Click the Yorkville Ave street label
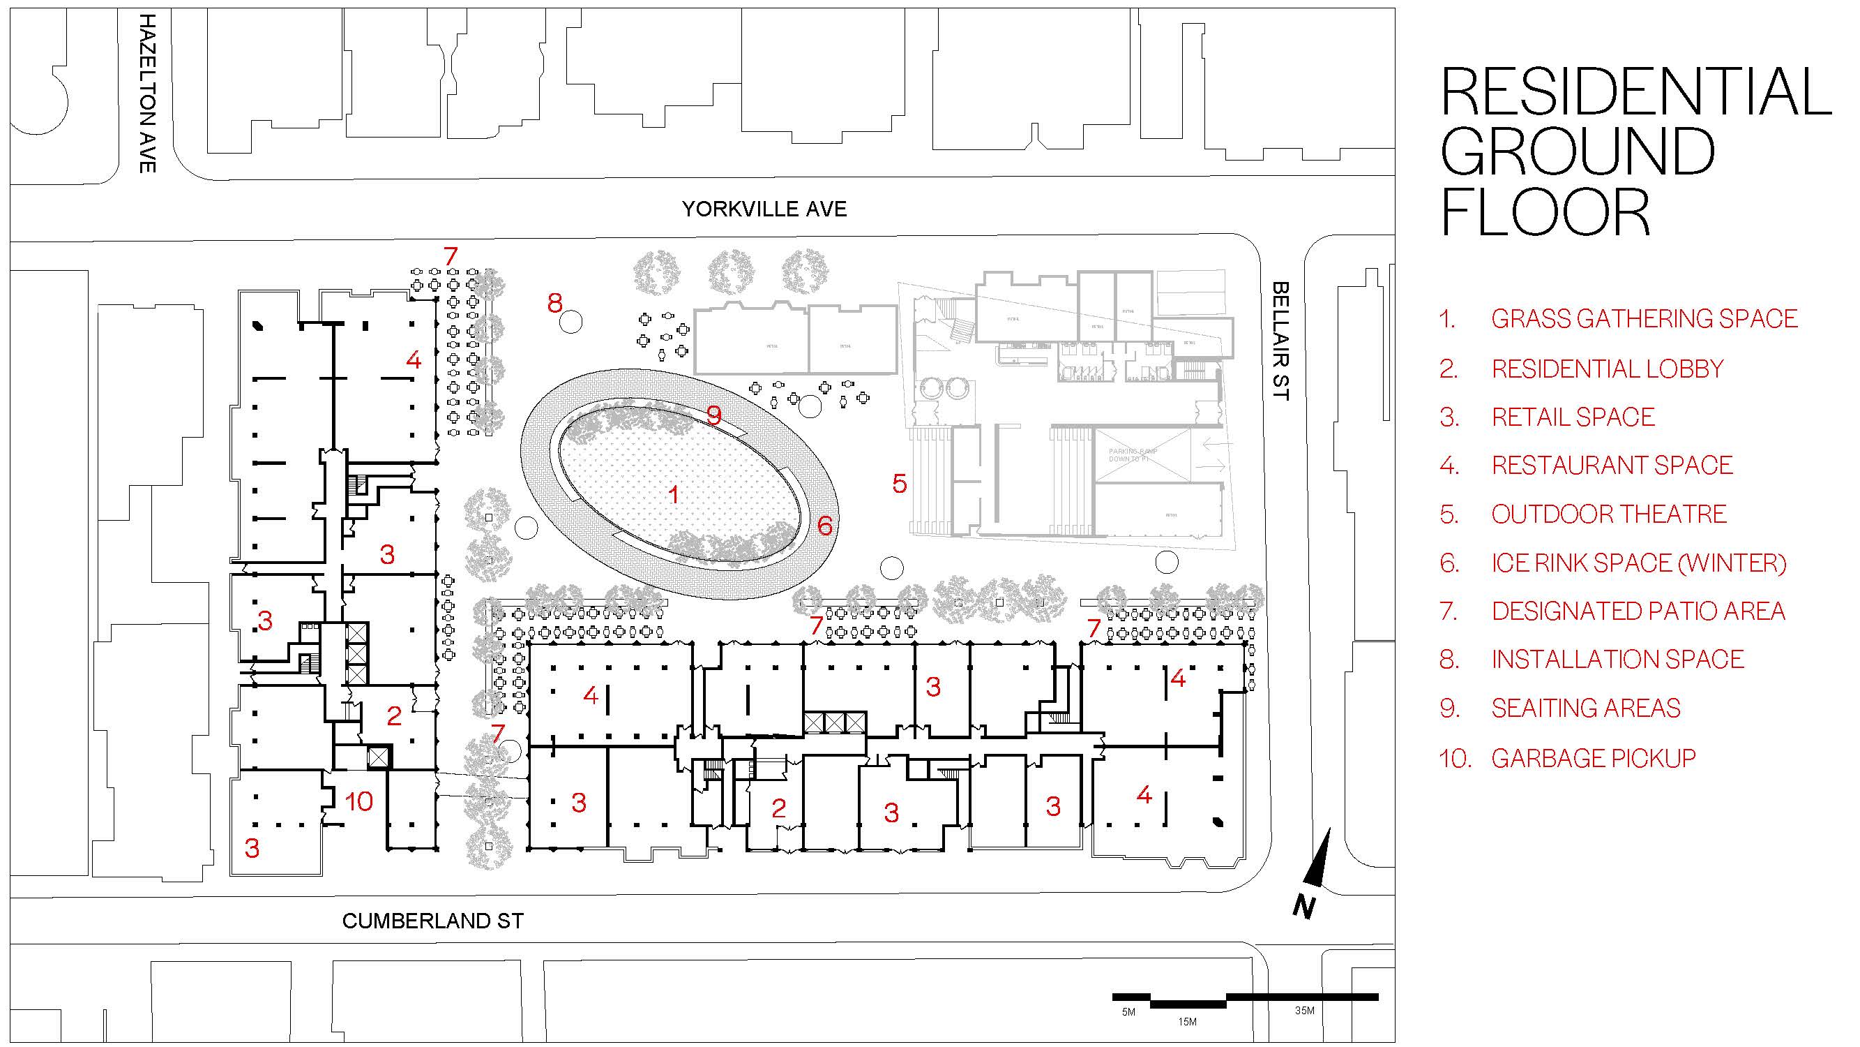click(764, 209)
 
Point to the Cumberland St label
click(432, 921)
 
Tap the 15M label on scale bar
click(1187, 1022)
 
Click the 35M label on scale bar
click(1304, 1011)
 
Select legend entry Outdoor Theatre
click(1609, 514)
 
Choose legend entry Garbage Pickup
click(1593, 758)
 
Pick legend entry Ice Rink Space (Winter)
click(1638, 563)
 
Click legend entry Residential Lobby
click(1608, 369)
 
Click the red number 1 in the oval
click(674, 494)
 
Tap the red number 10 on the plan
click(359, 801)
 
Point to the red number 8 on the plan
click(554, 304)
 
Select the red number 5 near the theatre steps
click(899, 484)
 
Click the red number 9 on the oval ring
click(713, 415)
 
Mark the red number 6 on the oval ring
click(824, 526)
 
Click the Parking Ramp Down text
click(1133, 454)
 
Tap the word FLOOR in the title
click(1545, 212)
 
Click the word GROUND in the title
click(1578, 151)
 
